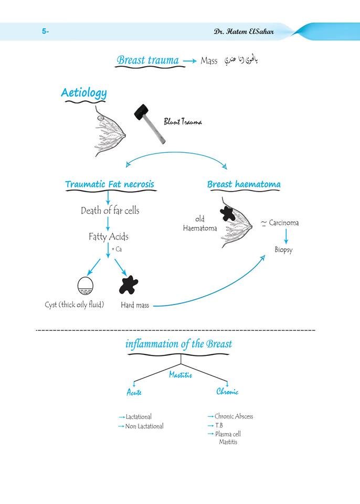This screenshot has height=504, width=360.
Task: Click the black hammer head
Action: click(x=142, y=112)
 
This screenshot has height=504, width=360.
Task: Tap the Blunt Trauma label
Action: click(x=183, y=121)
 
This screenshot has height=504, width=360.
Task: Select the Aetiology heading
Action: click(x=84, y=93)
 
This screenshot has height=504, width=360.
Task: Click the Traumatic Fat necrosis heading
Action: click(x=110, y=184)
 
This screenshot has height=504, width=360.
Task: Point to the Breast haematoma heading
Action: click(x=243, y=184)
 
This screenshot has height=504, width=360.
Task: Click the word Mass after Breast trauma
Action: click(x=209, y=60)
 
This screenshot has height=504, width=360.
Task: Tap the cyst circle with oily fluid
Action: click(x=86, y=286)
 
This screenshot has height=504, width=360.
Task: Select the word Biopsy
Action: click(x=283, y=250)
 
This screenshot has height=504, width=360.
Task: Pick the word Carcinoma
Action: click(x=284, y=223)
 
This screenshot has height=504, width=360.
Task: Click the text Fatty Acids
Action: click(x=109, y=237)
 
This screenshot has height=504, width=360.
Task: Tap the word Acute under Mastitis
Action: click(x=134, y=392)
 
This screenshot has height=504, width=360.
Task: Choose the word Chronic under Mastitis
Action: click(x=227, y=391)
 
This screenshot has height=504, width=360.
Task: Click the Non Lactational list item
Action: click(x=144, y=426)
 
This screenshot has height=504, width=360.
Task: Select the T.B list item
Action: click(x=219, y=425)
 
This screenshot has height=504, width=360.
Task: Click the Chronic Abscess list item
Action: click(x=234, y=416)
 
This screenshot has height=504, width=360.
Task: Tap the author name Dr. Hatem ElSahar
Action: click(x=244, y=31)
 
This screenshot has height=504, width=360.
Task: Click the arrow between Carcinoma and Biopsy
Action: click(x=286, y=237)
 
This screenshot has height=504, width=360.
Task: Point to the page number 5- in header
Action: click(x=45, y=31)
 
